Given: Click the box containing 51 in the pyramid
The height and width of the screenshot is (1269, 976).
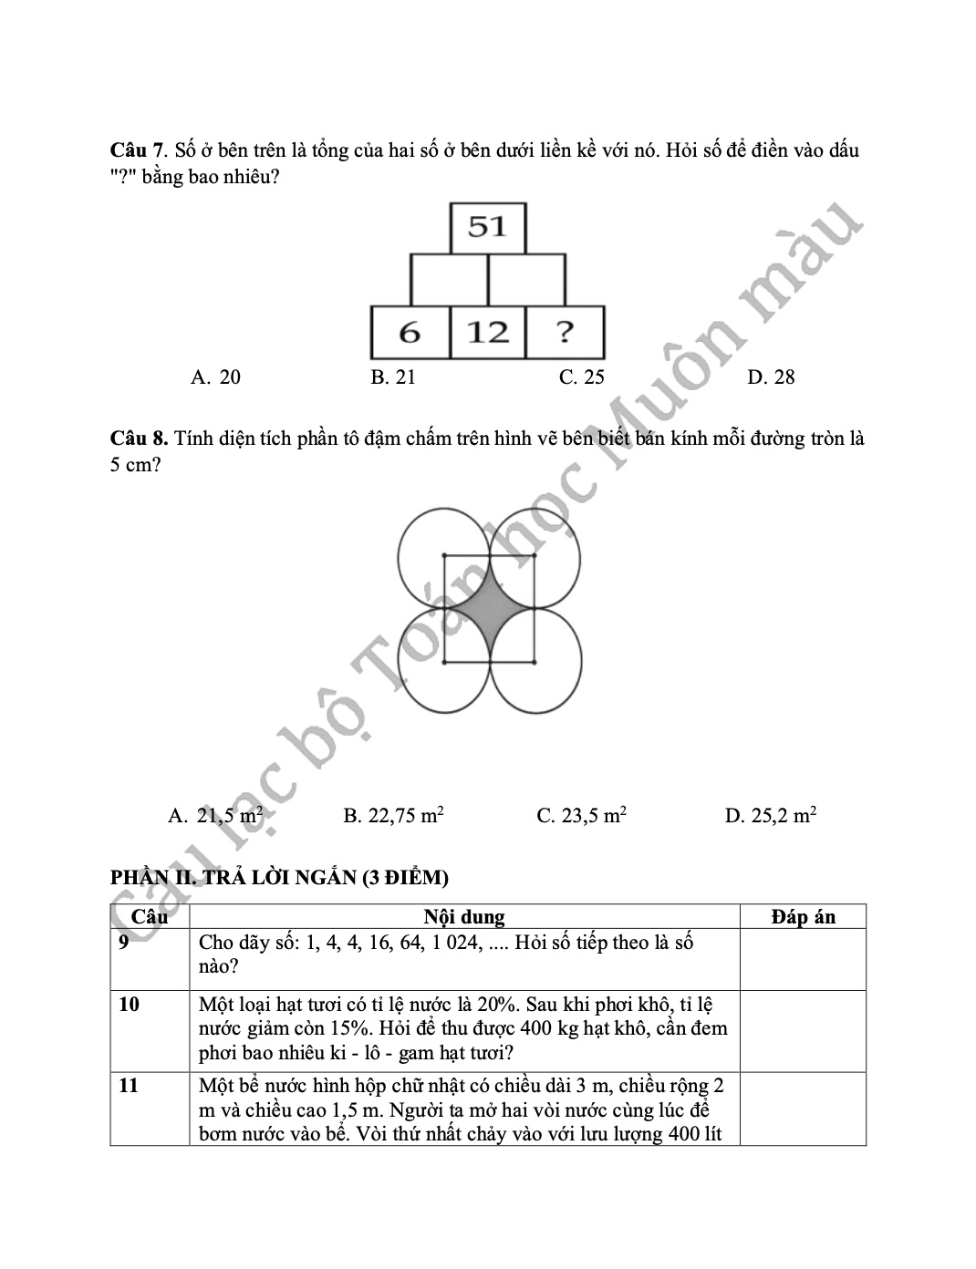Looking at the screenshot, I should click(x=488, y=227).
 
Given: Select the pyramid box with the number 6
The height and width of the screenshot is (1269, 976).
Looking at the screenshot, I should click(x=410, y=333).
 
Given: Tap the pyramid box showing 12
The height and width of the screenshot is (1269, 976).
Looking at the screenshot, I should click(x=488, y=333).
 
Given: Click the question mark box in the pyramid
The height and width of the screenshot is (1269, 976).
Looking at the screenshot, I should click(x=566, y=333).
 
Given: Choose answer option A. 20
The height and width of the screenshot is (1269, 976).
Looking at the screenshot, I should click(x=216, y=377).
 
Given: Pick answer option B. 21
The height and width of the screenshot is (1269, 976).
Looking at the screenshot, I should click(x=393, y=377).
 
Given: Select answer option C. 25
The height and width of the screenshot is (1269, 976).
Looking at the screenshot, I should click(x=581, y=377).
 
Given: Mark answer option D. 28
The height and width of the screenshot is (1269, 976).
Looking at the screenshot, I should click(x=771, y=377).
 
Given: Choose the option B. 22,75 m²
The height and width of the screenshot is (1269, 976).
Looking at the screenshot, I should click(x=393, y=815).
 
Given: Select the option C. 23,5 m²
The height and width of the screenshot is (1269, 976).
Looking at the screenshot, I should click(x=581, y=815).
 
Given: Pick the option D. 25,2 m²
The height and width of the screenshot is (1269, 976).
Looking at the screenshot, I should click(x=770, y=815).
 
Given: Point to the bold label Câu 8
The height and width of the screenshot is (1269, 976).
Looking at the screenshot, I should click(x=139, y=438).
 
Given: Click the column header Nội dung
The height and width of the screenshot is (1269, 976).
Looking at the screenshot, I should click(x=464, y=917).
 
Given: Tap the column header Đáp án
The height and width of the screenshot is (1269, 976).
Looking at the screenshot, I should click(x=802, y=917).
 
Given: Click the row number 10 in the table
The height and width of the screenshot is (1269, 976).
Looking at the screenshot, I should click(x=130, y=1005).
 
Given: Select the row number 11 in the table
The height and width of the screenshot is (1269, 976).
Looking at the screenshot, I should click(x=130, y=1085).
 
